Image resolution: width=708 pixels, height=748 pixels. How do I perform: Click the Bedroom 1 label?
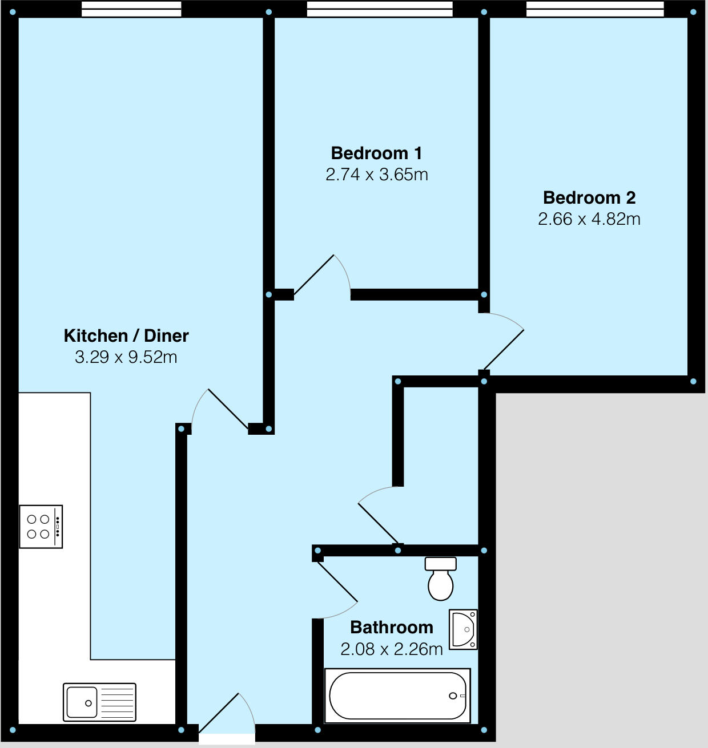point(376,153)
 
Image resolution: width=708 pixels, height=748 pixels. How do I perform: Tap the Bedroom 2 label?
point(589,198)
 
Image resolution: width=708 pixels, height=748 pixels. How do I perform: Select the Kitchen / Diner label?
point(126,335)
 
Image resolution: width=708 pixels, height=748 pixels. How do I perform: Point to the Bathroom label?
point(392,628)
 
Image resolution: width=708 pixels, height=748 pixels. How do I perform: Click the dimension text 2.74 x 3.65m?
point(377,175)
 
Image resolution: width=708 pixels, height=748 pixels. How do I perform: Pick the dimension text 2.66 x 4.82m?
point(589,219)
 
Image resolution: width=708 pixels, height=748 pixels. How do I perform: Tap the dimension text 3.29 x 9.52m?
point(126,357)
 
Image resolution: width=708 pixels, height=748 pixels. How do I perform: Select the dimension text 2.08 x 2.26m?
point(392,649)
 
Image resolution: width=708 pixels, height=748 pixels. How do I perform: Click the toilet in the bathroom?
point(441,579)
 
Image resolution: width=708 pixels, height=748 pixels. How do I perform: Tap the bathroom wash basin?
point(463,629)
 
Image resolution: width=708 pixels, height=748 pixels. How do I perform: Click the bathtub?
point(397,696)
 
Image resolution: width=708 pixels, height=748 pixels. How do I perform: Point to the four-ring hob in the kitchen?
point(41,527)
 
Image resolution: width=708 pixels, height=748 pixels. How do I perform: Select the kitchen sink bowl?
point(82,702)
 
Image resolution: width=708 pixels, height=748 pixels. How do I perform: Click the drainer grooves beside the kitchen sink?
point(116,702)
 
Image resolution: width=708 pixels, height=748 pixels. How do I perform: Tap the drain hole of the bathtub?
point(453,696)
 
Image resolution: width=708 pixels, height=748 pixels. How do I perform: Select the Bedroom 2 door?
point(504,350)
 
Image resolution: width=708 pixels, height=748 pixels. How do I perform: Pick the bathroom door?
point(338,583)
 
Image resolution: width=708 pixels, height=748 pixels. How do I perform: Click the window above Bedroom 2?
point(595,9)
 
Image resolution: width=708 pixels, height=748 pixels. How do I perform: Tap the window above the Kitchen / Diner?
point(131,9)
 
